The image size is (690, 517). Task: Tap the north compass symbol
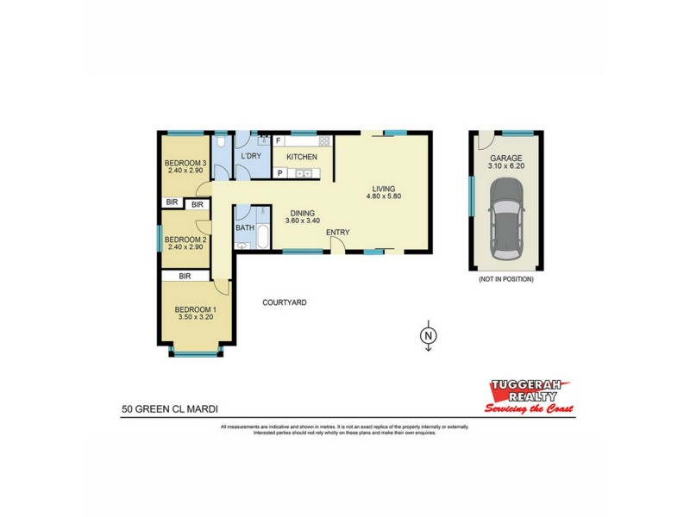(427, 335)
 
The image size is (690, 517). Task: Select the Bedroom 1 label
(196, 310)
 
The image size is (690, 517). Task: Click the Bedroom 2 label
(184, 240)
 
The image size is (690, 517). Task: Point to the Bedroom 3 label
(185, 163)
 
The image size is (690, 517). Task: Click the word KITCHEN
(302, 157)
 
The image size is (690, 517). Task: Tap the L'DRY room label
(251, 156)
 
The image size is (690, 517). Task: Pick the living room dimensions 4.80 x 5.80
(383, 196)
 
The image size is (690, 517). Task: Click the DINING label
(302, 214)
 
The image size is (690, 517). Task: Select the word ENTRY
(337, 233)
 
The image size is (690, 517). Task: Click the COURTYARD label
(285, 302)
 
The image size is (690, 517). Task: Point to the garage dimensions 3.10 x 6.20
(506, 166)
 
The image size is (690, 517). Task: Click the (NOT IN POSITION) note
(505, 279)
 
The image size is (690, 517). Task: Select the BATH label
(245, 228)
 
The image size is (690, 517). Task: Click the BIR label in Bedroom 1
(185, 276)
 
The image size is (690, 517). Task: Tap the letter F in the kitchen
(279, 140)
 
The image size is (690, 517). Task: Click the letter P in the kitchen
(279, 173)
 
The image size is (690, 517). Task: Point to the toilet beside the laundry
(222, 143)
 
